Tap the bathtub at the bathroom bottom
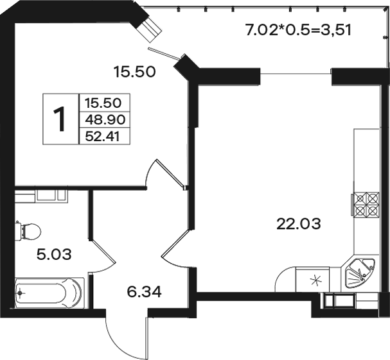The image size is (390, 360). point(49,293)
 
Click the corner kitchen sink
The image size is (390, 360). point(360,273)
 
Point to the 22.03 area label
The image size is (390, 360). point(299,223)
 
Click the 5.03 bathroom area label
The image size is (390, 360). point(54,254)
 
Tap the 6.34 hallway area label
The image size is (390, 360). point(145,291)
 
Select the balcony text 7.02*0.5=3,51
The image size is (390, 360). point(298,30)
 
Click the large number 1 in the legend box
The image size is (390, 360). point(60,119)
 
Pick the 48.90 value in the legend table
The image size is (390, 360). point(105,120)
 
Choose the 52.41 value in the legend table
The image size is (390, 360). point(102,137)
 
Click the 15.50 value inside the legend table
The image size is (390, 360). point(103,103)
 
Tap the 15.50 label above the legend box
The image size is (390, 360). point(134,72)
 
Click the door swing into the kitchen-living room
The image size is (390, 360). point(175,249)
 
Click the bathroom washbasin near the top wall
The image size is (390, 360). point(52,195)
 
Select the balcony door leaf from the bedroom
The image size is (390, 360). point(164,54)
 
